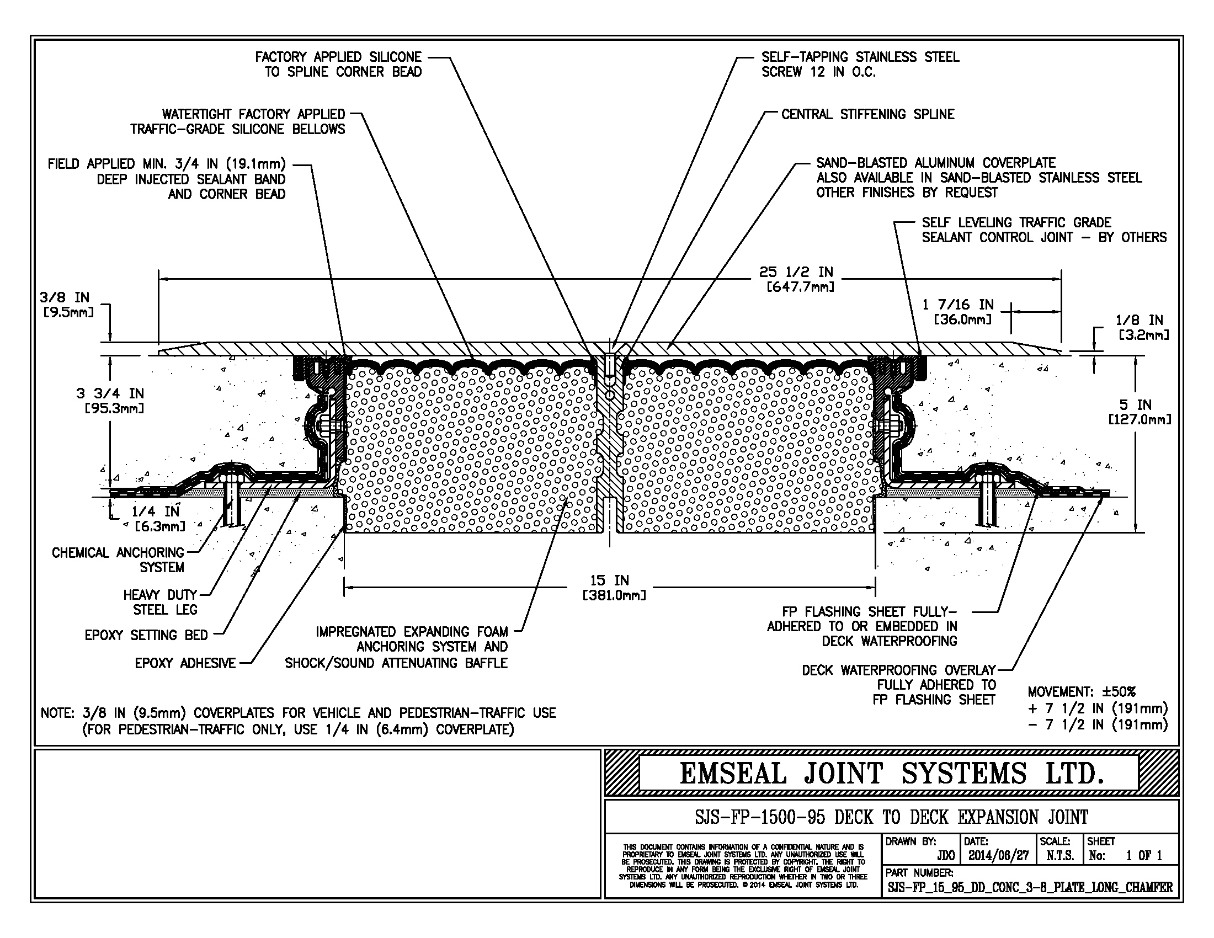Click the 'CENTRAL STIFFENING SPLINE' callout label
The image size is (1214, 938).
867,114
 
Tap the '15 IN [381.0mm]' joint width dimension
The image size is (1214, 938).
610,588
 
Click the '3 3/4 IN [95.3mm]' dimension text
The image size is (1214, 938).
110,401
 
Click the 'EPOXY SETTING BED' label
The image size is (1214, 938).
146,635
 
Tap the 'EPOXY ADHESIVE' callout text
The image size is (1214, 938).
185,663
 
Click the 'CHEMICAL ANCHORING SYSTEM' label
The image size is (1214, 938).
118,560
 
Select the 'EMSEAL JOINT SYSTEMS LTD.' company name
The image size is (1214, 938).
891,774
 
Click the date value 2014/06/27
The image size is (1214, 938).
998,856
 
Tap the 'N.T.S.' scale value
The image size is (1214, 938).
1061,856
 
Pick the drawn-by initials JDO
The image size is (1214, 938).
945,856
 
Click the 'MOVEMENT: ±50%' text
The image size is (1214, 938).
1082,692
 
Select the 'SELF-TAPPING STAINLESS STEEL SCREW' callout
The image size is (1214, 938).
860,65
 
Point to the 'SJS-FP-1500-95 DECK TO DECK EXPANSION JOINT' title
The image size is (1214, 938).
891,817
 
